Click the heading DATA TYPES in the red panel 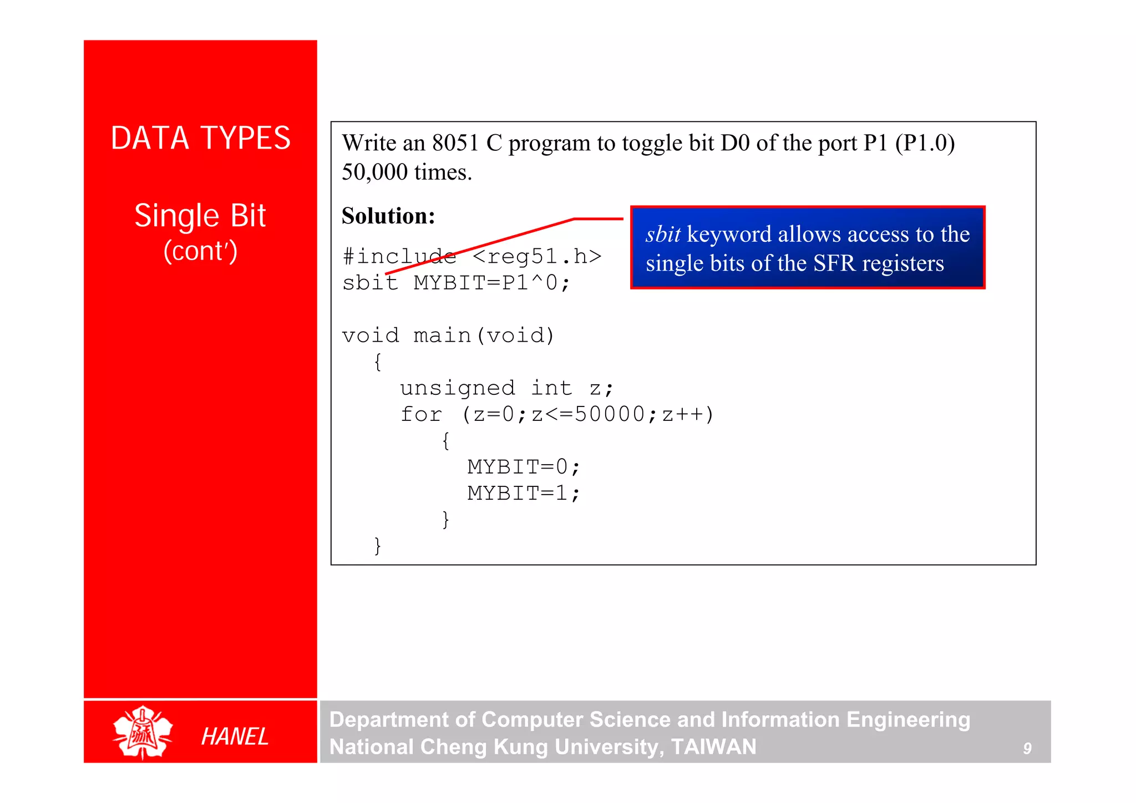click(x=200, y=138)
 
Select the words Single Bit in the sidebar click(x=200, y=215)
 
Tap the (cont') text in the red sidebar click(x=200, y=251)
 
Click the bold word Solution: click(x=388, y=216)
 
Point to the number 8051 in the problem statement click(x=455, y=143)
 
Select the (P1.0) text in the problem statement click(x=925, y=143)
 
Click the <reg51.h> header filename click(x=537, y=256)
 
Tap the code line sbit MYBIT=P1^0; click(x=456, y=283)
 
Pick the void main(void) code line click(x=448, y=336)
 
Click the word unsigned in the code click(x=458, y=388)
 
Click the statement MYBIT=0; click(x=524, y=467)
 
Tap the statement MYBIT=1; click(x=524, y=493)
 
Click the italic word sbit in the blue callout click(x=663, y=234)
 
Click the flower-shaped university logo click(x=143, y=732)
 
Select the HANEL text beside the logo click(x=235, y=736)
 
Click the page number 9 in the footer click(x=1027, y=749)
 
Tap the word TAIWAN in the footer click(x=713, y=747)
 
